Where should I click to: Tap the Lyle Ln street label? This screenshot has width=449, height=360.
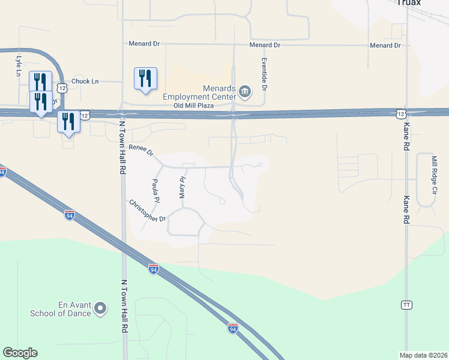pyautogui.click(x=18, y=66)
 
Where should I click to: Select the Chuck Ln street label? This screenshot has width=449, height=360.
pyautogui.click(x=85, y=81)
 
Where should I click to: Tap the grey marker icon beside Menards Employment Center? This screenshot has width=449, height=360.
pyautogui.click(x=245, y=91)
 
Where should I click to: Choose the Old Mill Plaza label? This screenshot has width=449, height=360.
pyautogui.click(x=194, y=106)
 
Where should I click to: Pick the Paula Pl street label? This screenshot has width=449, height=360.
pyautogui.click(x=156, y=190)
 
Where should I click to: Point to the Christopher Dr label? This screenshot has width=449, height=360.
pyautogui.click(x=147, y=211)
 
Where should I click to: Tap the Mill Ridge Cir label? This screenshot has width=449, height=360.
pyautogui.click(x=434, y=175)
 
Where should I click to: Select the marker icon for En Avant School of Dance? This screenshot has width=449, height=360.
pyautogui.click(x=100, y=309)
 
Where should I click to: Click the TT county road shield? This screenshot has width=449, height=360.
pyautogui.click(x=406, y=305)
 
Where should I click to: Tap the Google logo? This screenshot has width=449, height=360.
pyautogui.click(x=20, y=353)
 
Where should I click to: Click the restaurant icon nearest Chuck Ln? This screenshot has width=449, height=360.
pyautogui.click(x=145, y=79)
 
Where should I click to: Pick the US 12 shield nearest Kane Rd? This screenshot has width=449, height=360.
pyautogui.click(x=400, y=113)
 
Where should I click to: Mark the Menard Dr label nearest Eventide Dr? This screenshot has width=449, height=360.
pyautogui.click(x=265, y=45)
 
